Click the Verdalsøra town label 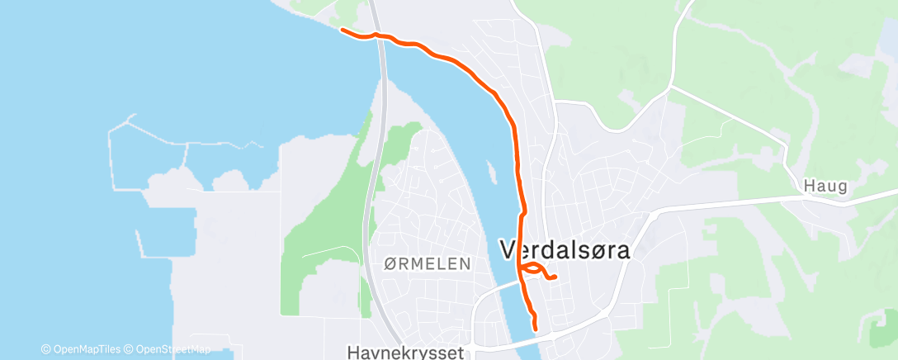click(565, 250)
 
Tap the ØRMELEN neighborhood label click(428, 264)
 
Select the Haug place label click(825, 187)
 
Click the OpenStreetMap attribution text click(168, 349)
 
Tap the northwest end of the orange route click(343, 31)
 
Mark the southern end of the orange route click(536, 329)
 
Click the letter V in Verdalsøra click(509, 250)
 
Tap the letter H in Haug click(809, 187)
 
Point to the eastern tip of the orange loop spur click(555, 277)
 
